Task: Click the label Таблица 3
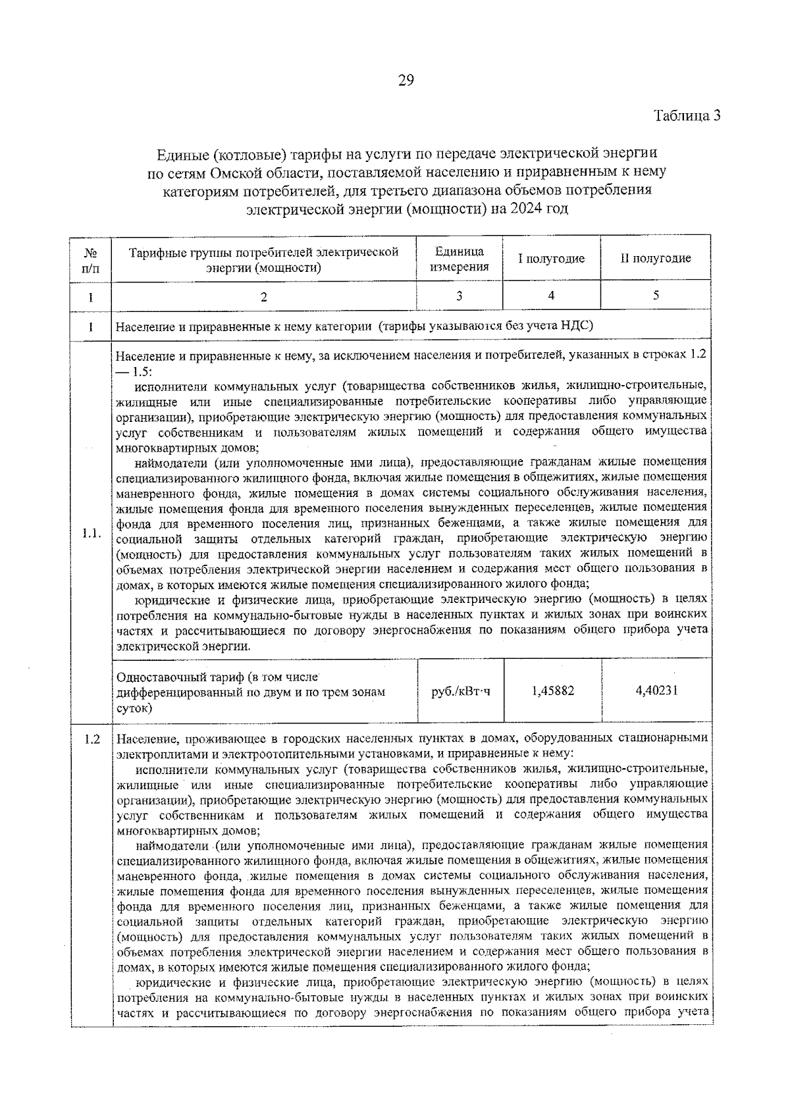687,116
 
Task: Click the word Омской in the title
236,172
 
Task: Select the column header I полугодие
551,259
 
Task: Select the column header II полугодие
655,259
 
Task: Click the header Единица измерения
459,259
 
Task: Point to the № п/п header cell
90,259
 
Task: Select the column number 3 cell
459,296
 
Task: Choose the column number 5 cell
656,296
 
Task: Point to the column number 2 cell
263,297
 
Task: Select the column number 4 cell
551,296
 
